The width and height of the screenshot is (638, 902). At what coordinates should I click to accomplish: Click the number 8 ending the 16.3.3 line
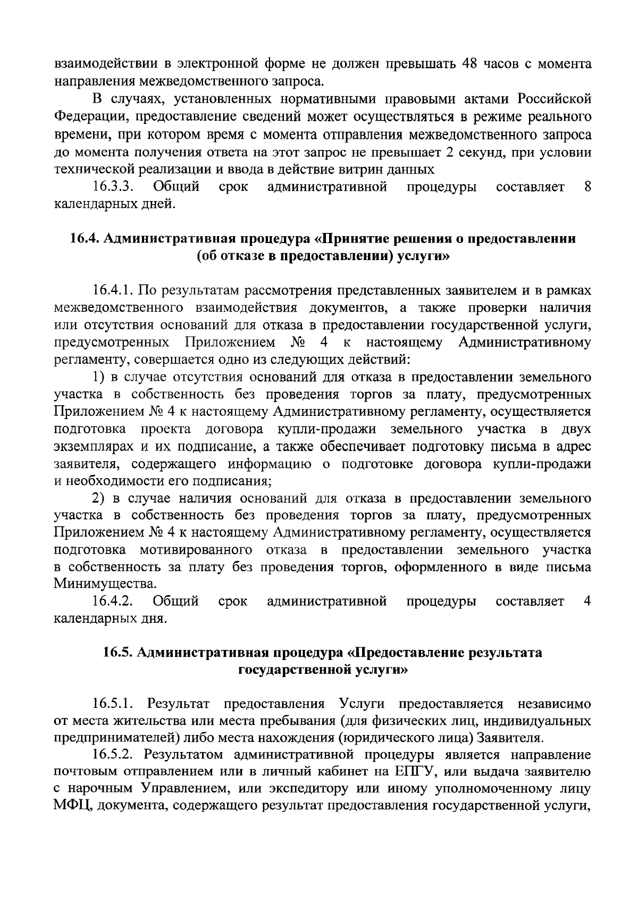(x=587, y=187)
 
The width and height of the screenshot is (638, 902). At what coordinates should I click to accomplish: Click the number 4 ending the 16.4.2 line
(x=587, y=602)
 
